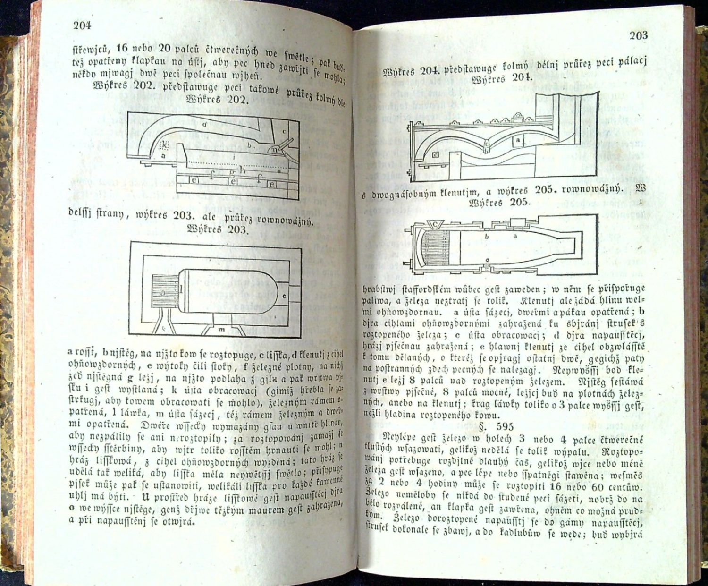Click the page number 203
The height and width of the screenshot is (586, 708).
[x=638, y=35]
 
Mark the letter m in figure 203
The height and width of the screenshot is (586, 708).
[x=220, y=330]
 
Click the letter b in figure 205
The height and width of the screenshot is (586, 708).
[x=486, y=237]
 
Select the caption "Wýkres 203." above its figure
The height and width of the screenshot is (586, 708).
[x=217, y=230]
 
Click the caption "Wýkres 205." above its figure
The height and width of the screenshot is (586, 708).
[x=501, y=203]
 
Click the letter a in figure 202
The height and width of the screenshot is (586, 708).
[x=163, y=155]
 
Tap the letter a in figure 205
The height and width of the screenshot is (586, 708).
[x=515, y=234]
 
